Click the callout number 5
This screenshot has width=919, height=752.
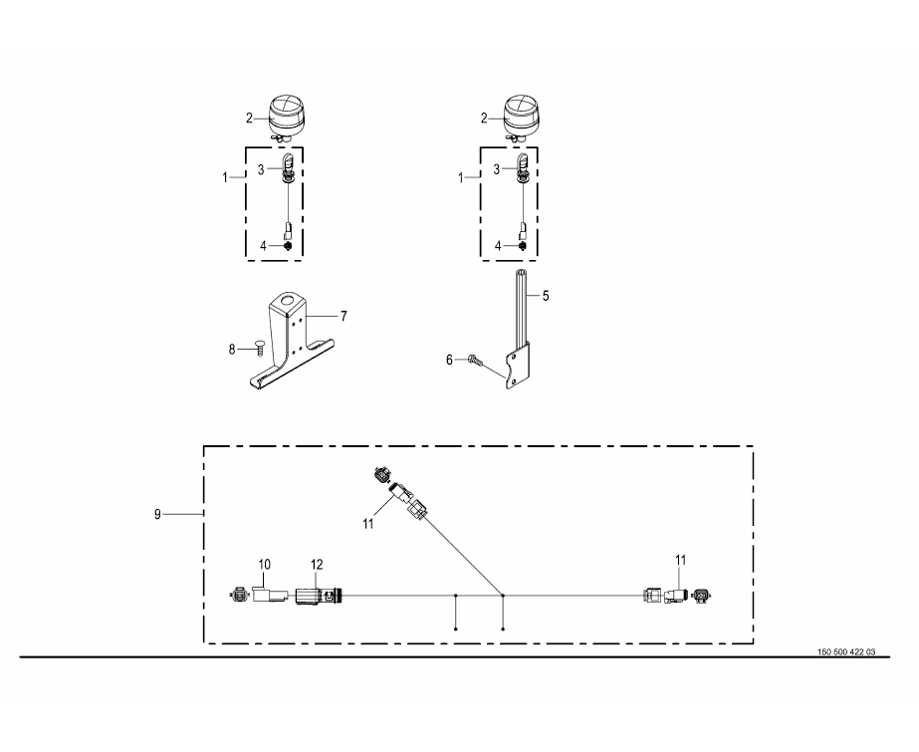tap(546, 296)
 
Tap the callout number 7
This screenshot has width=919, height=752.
tap(344, 317)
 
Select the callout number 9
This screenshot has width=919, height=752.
tap(157, 514)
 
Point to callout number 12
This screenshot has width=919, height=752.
tap(317, 565)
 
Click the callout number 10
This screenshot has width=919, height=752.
tap(264, 565)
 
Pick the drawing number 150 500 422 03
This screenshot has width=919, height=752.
tap(846, 651)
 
